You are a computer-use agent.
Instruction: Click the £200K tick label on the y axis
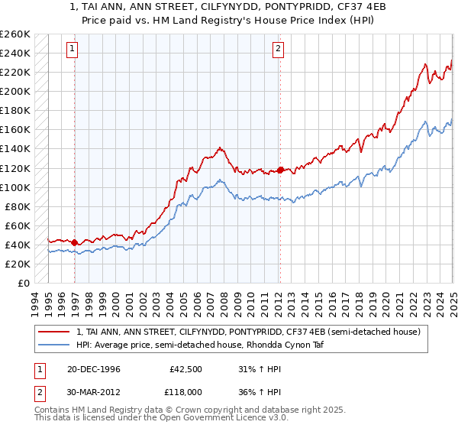[15, 91]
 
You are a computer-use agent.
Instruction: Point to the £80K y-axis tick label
[17, 206]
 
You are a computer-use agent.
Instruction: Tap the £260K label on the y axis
[15, 34]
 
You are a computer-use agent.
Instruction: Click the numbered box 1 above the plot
[72, 49]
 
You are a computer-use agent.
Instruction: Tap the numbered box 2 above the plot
[277, 49]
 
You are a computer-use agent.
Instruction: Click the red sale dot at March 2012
[280, 170]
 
